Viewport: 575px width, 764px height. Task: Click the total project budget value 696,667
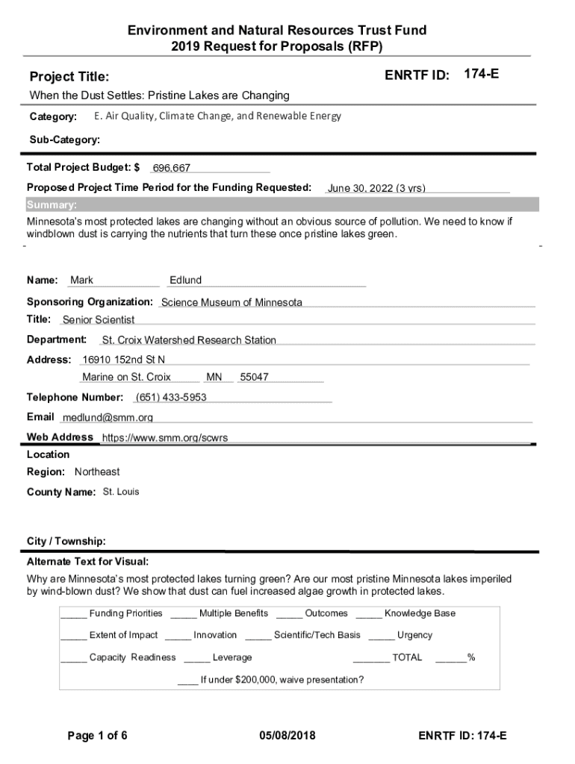[172, 169]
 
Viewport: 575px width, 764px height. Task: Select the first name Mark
[82, 281]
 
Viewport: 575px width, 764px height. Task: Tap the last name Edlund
[185, 281]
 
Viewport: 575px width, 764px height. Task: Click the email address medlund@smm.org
[108, 418]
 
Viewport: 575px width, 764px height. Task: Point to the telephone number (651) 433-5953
[171, 397]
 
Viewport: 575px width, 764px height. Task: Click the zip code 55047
[254, 378]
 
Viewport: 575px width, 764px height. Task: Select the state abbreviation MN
[214, 378]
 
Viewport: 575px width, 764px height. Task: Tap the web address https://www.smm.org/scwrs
[165, 438]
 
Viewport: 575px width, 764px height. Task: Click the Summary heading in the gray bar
[52, 205]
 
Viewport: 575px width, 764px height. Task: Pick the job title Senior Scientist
[99, 320]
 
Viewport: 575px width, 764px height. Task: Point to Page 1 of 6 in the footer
[97, 736]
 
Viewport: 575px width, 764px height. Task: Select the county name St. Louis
[121, 492]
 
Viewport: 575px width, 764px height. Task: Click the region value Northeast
[97, 472]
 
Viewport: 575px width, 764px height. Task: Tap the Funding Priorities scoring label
[125, 613]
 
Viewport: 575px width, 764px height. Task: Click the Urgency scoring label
[414, 635]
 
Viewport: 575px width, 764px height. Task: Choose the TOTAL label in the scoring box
[407, 657]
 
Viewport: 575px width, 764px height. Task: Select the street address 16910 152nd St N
[124, 360]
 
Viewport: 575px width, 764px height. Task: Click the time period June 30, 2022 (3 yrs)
[376, 188]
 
